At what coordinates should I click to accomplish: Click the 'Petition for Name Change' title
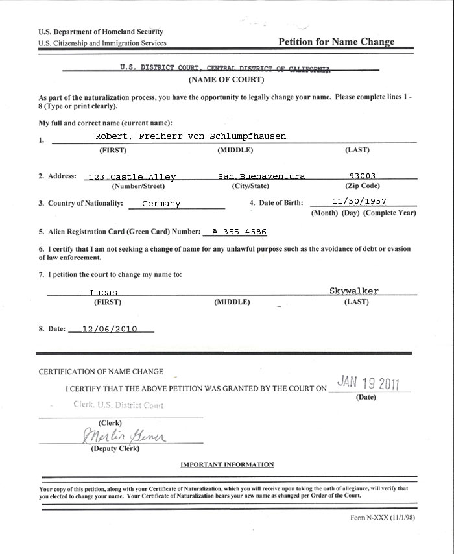tap(336, 42)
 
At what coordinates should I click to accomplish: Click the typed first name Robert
tap(112, 136)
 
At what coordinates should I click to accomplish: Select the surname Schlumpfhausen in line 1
tap(250, 136)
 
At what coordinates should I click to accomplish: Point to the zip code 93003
tap(362, 175)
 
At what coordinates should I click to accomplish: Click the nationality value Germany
tap(161, 204)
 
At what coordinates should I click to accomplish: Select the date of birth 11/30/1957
tap(359, 201)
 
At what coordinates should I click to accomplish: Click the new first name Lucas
tap(103, 293)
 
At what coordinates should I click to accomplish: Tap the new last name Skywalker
tap(353, 291)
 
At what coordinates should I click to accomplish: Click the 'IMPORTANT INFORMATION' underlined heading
tap(227, 464)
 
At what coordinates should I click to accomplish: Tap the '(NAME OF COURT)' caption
tap(226, 80)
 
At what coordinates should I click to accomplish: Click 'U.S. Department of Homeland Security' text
tap(101, 32)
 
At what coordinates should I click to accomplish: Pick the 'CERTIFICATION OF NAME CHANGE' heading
tap(101, 372)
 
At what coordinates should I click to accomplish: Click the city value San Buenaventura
tap(261, 176)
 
